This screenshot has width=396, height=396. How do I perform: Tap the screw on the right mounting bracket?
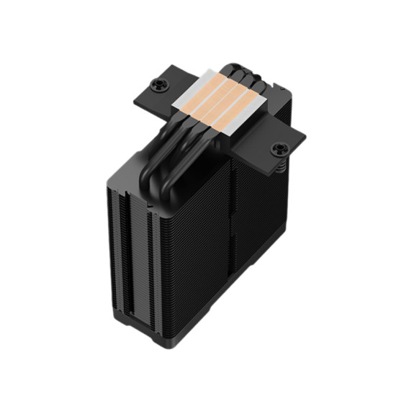click(x=278, y=150)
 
